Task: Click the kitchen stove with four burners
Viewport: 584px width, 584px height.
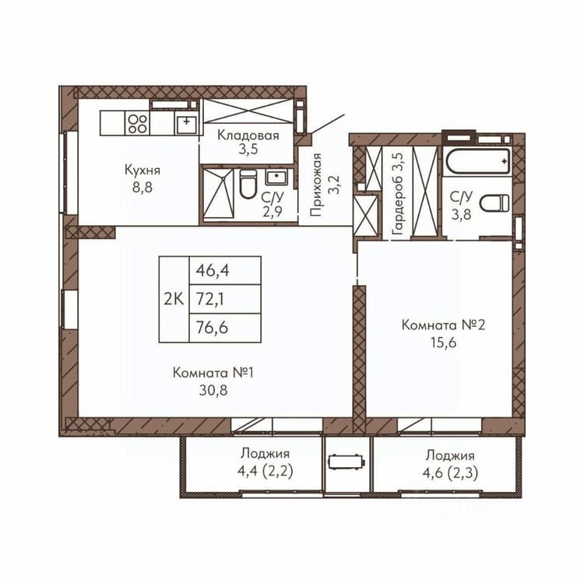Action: click(137, 123)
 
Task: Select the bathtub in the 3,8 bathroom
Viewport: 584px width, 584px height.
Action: click(478, 161)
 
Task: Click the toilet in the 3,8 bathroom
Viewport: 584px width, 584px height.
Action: click(494, 203)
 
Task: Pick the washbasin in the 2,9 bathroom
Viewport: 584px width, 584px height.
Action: click(276, 177)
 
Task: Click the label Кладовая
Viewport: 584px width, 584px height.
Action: click(248, 135)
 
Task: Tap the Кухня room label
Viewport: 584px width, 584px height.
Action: click(142, 171)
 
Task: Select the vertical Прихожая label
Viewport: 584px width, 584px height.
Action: click(315, 185)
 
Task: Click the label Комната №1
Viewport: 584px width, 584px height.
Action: click(213, 372)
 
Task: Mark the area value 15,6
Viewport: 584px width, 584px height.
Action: click(444, 343)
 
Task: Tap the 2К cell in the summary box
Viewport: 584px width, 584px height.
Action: click(174, 299)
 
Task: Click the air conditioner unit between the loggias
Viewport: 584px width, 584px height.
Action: click(346, 462)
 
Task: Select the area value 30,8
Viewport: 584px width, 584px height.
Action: click(213, 390)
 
